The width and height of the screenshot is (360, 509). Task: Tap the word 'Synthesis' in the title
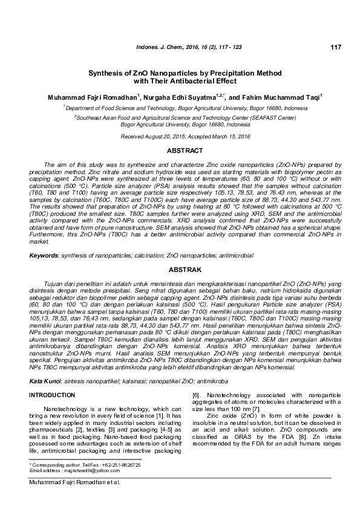click(x=109, y=72)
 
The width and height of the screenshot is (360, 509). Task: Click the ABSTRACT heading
click(x=180, y=149)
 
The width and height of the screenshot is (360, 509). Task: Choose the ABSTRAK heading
click(x=180, y=268)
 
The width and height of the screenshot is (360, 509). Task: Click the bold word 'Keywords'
click(x=44, y=256)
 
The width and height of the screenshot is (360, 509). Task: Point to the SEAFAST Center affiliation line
click(x=180, y=118)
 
